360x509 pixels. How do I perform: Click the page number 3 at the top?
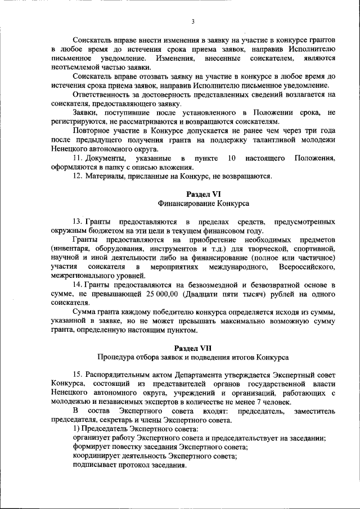tap(192, 22)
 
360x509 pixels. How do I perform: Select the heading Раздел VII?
tap(192, 348)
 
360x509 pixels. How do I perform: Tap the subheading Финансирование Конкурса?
tap(192, 203)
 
